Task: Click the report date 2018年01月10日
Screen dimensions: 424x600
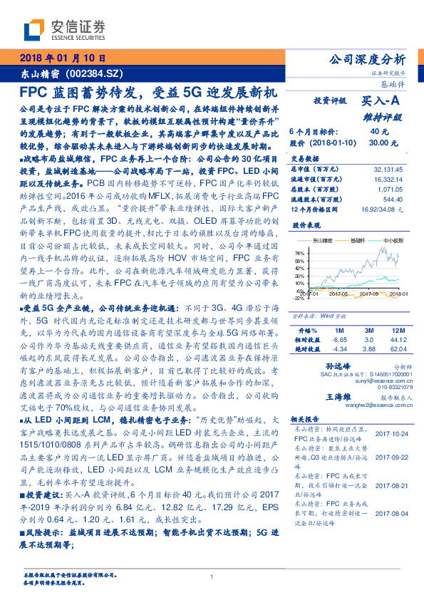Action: click(x=63, y=58)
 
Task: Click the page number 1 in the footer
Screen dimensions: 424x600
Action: click(x=212, y=576)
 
